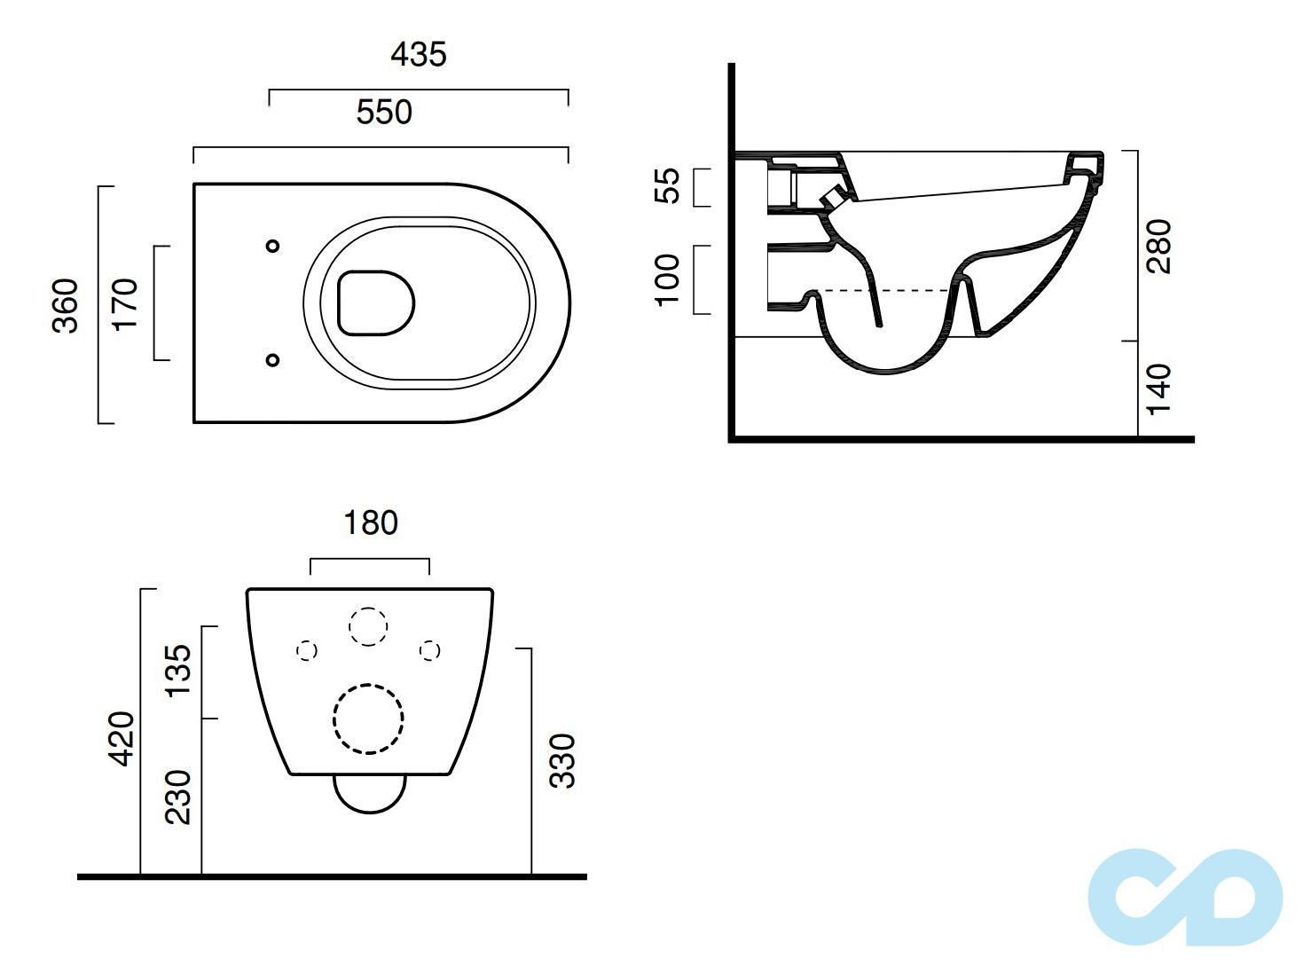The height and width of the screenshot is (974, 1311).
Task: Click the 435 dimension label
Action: tap(419, 54)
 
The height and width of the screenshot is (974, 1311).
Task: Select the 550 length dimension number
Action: tap(383, 112)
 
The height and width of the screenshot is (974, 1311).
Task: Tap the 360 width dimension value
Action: tap(65, 305)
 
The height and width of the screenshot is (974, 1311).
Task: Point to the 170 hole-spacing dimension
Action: tap(125, 304)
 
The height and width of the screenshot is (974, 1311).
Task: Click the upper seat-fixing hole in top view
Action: tap(272, 246)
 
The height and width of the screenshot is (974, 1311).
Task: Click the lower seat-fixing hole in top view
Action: tap(272, 359)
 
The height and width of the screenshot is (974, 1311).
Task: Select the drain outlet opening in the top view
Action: tap(376, 302)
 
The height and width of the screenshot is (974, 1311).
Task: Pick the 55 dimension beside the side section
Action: tap(668, 185)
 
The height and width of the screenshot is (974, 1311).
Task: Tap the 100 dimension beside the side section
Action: tap(668, 279)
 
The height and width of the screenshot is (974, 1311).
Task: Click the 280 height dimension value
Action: tap(1158, 246)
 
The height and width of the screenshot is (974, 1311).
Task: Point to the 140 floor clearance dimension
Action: tap(1158, 389)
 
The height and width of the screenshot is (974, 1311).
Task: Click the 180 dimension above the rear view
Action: tap(371, 522)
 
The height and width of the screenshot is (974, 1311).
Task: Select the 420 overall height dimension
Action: tap(122, 739)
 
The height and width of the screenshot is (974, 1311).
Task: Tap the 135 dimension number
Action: tap(178, 672)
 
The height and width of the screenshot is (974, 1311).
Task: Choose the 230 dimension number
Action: tap(178, 797)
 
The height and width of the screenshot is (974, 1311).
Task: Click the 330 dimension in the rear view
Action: tap(561, 761)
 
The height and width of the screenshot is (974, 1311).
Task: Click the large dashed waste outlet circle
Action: tap(368, 719)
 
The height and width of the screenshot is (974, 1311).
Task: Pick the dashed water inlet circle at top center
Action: tap(367, 626)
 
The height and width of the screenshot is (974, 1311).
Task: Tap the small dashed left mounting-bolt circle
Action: tap(306, 650)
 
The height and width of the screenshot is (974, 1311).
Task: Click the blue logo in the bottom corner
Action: tap(1184, 898)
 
